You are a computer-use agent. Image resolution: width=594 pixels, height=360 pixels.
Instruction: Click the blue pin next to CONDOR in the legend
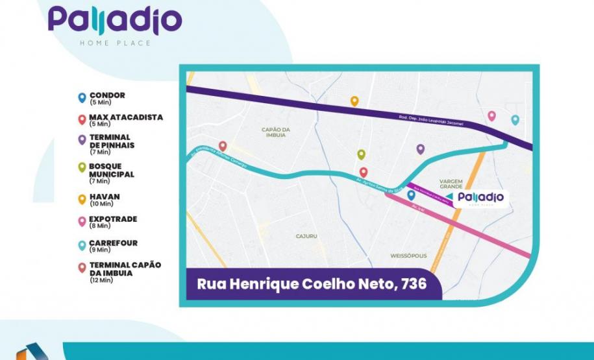pyautogui.click(x=81, y=98)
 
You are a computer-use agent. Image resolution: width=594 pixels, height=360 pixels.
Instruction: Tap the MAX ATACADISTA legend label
pyautogui.click(x=126, y=117)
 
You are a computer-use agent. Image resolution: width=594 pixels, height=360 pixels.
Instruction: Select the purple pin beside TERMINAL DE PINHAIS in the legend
pyautogui.click(x=81, y=139)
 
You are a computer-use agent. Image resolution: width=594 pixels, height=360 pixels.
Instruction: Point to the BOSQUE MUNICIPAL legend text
pyautogui.click(x=112, y=170)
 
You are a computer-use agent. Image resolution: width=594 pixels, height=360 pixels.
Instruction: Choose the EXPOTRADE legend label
pyautogui.click(x=113, y=219)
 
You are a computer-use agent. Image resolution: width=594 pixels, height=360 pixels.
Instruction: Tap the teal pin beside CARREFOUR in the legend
pyautogui.click(x=81, y=245)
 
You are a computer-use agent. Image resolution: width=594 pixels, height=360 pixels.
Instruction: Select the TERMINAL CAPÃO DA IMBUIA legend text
pyautogui.click(x=125, y=269)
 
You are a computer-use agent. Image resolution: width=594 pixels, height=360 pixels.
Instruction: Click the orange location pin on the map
pyautogui.click(x=354, y=101)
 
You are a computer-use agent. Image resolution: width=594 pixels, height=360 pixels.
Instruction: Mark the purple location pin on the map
pyautogui.click(x=421, y=149)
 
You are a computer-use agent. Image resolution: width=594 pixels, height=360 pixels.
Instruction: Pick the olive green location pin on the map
pyautogui.click(x=361, y=154)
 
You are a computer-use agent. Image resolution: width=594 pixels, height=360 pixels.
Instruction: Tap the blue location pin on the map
pyautogui.click(x=411, y=195)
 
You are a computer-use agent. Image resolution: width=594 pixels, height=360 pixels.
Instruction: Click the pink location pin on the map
pyautogui.click(x=491, y=115)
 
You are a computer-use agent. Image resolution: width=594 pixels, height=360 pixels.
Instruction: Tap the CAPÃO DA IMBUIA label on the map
pyautogui.click(x=275, y=132)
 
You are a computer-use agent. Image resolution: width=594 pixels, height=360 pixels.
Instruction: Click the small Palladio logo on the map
pyautogui.click(x=479, y=197)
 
